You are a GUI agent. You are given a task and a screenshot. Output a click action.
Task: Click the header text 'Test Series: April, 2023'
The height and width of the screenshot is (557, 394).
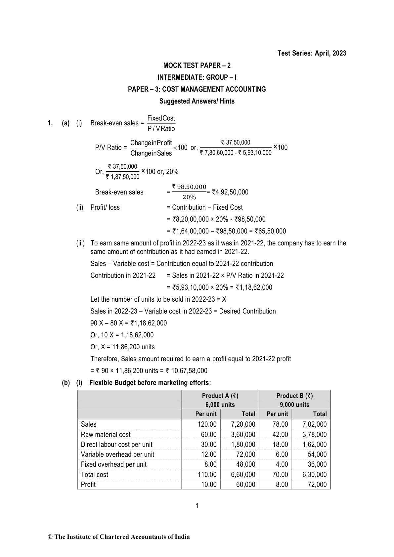pos(312,53)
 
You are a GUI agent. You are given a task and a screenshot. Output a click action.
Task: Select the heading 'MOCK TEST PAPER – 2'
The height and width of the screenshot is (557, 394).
pos(197,65)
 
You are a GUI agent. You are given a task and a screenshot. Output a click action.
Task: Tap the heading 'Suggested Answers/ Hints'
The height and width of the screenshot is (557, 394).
pos(197,101)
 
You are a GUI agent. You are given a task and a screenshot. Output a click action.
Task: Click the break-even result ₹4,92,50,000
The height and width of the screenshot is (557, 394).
pos(230,192)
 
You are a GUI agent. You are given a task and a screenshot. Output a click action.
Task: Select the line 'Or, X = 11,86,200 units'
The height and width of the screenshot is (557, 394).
pos(122,347)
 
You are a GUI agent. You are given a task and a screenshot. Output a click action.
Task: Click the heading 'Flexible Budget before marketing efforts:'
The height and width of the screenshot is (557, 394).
pos(150,383)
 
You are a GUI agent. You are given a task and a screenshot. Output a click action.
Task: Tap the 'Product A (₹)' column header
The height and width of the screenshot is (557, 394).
pos(220,396)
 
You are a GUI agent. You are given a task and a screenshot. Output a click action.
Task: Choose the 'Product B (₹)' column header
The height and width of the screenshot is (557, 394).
pos(294,396)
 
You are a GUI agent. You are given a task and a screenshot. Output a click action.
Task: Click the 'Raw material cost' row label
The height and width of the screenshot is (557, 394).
pos(106,435)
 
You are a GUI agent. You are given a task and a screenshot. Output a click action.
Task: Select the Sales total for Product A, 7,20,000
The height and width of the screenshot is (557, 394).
pos(243,424)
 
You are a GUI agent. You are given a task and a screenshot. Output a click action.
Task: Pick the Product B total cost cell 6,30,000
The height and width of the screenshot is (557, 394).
pos(314,475)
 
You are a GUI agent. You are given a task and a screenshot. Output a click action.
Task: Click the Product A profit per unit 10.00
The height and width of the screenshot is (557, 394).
pos(207,485)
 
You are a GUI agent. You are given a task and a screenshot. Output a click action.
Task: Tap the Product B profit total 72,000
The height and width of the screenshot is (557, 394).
pos(317,485)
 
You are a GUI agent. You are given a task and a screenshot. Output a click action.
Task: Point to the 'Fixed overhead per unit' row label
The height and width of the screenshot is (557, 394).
pos(113,464)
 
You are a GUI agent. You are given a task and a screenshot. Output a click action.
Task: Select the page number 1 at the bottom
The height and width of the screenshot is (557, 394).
pos(197,505)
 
